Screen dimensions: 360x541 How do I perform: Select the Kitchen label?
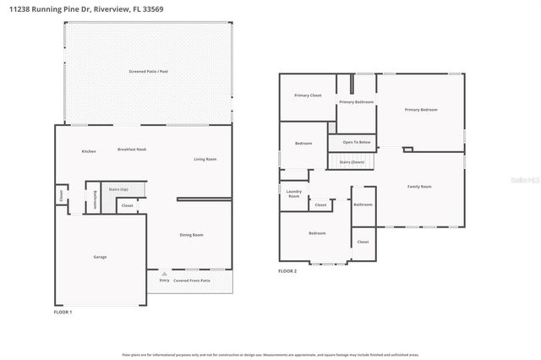click(x=89, y=151)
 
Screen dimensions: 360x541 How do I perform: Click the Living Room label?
click(x=205, y=159)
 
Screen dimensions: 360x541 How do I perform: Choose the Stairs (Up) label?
click(x=118, y=189)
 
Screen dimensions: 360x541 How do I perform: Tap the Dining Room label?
click(x=192, y=235)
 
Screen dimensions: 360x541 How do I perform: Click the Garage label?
click(x=100, y=257)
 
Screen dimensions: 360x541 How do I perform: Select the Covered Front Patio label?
click(x=193, y=280)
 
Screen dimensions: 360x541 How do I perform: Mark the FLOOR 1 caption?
click(x=63, y=313)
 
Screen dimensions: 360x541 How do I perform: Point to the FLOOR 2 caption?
click(x=287, y=271)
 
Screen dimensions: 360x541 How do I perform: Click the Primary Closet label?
click(x=308, y=95)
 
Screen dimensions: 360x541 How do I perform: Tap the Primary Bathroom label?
click(x=357, y=102)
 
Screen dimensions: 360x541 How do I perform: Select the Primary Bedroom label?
click(x=421, y=109)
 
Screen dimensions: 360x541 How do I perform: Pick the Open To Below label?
click(x=356, y=142)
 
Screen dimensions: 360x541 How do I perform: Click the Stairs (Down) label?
click(x=352, y=161)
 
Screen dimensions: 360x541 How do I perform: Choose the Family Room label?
click(x=419, y=186)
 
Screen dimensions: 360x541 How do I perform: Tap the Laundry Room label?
click(x=294, y=194)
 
